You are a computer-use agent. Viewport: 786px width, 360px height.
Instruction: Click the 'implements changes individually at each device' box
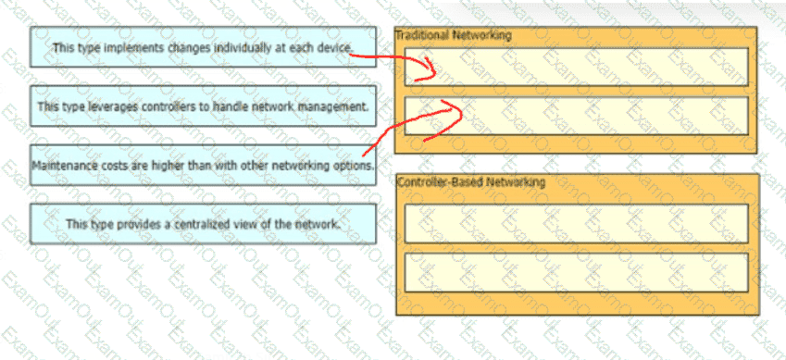click(x=203, y=47)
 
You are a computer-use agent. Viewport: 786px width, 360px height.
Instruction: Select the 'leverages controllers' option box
click(x=203, y=106)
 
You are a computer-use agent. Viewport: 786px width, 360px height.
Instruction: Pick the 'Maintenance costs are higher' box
click(x=203, y=165)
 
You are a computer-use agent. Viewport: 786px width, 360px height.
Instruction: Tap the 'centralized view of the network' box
click(x=203, y=224)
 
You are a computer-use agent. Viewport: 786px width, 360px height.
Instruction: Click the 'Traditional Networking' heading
click(x=454, y=35)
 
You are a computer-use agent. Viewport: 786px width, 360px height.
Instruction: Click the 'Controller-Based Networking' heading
click(x=470, y=181)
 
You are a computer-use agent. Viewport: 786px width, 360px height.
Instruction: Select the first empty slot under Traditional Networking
click(x=577, y=68)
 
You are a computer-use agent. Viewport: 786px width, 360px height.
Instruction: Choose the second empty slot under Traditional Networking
click(x=577, y=116)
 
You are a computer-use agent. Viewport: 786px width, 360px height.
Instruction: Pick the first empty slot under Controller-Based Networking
click(x=577, y=224)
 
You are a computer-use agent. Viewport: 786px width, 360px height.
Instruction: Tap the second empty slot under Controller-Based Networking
click(x=577, y=272)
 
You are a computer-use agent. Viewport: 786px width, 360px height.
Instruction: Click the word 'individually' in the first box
click(x=240, y=47)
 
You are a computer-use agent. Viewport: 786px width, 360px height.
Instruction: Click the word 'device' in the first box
click(x=335, y=47)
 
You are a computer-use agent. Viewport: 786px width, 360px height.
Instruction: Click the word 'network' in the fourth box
click(x=319, y=224)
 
